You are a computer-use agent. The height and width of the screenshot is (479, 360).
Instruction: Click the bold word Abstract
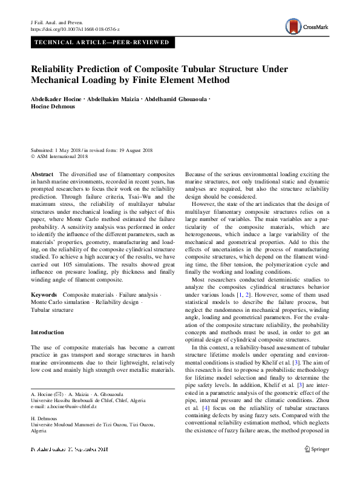[42, 174]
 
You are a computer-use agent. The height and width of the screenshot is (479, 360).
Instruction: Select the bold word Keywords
[44, 293]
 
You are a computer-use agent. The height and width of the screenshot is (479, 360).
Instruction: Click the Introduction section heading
[47, 332]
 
